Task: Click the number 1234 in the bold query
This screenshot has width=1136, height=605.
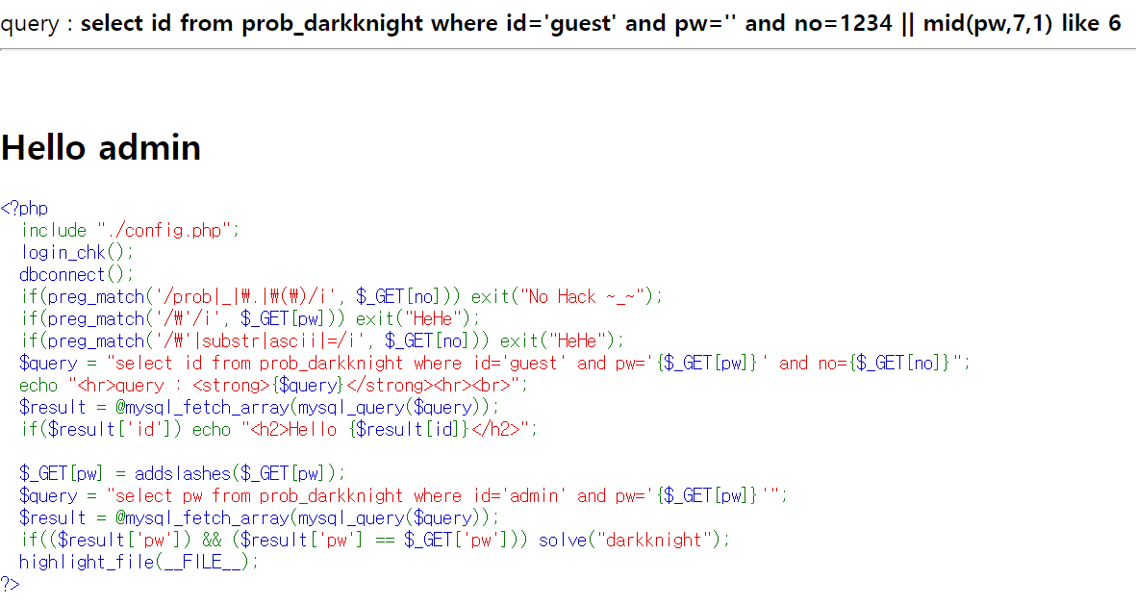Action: (865, 23)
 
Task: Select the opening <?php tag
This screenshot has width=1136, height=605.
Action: (24, 208)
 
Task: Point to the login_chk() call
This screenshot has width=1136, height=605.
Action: (75, 252)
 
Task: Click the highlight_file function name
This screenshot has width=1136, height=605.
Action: (86, 562)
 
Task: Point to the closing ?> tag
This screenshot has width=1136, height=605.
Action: (10, 584)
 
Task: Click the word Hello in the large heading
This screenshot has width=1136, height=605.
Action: (45, 148)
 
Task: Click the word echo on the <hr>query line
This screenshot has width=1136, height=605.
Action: (38, 385)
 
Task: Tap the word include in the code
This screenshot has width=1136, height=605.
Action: (54, 230)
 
